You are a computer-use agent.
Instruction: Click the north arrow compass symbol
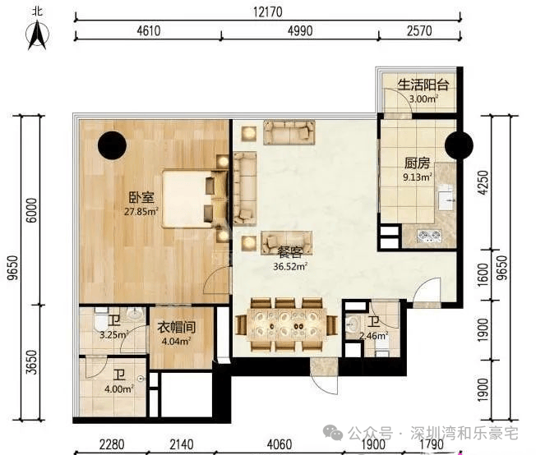tap(37, 35)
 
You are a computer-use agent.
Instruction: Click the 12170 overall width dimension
tap(268, 12)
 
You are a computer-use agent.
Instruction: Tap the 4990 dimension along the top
tap(300, 31)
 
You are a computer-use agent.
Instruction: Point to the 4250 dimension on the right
tap(483, 183)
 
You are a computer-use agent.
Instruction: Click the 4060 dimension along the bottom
tap(280, 444)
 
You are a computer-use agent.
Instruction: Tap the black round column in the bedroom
tap(112, 145)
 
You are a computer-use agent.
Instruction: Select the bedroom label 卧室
tap(141, 197)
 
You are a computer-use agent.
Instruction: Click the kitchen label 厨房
tap(417, 163)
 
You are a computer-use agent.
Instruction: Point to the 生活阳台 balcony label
tap(423, 85)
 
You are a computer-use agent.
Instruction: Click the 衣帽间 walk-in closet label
tap(176, 327)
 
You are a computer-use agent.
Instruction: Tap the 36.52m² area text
tap(290, 266)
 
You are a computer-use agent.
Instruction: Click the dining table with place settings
tap(286, 324)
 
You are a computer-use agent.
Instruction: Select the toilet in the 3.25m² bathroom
tap(100, 319)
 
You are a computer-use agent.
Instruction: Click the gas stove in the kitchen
tap(429, 236)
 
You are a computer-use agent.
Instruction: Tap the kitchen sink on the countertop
tap(446, 197)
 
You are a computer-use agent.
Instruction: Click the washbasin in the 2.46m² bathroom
tap(352, 323)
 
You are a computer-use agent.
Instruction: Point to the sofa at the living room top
tap(289, 132)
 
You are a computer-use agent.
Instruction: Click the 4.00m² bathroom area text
tap(118, 388)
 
